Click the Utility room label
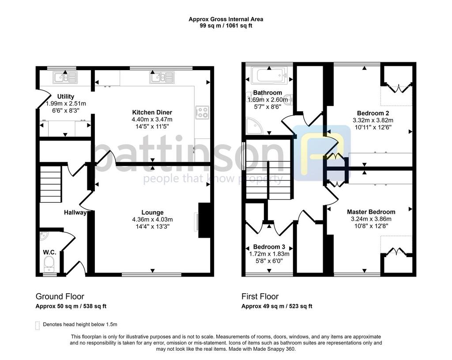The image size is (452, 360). (66, 97)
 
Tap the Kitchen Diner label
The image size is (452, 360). (152, 113)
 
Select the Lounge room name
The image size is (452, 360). (152, 212)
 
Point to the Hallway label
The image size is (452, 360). (75, 212)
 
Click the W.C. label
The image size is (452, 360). (49, 252)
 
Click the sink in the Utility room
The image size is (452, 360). (65, 77)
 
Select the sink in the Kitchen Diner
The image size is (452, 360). (162, 77)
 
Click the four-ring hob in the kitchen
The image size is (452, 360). (202, 113)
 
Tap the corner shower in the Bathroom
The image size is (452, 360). (254, 126)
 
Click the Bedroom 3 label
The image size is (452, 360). (269, 247)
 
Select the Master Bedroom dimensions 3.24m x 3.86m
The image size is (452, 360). (371, 219)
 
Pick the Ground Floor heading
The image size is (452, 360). (60, 296)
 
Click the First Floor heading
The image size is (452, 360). (260, 296)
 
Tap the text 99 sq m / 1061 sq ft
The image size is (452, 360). (226, 26)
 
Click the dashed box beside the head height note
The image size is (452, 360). (38, 325)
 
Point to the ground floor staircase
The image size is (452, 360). (51, 184)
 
